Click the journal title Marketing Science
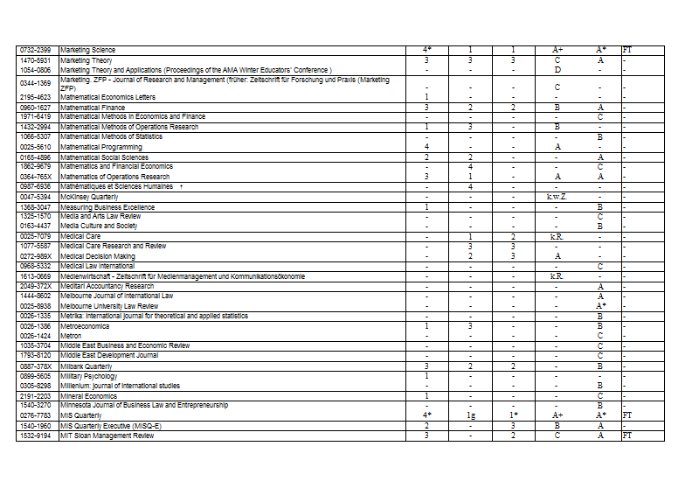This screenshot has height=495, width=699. click(x=87, y=50)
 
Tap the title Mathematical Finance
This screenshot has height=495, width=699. click(x=93, y=108)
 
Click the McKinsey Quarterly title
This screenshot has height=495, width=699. click(x=87, y=198)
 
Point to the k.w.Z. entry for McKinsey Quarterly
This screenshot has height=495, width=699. click(x=557, y=198)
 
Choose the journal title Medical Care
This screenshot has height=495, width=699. click(x=80, y=236)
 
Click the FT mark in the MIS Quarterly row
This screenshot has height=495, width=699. click(x=626, y=416)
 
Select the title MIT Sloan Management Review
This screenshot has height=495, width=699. click(x=107, y=436)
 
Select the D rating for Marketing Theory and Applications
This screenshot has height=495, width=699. click(x=557, y=69)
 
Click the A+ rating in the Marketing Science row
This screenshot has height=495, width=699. click(x=557, y=50)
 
